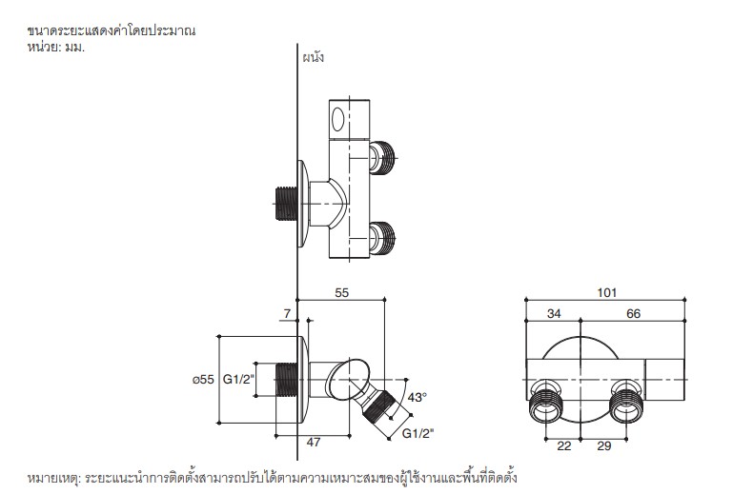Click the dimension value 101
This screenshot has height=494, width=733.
click(607, 293)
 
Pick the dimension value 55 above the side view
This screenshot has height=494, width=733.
click(340, 295)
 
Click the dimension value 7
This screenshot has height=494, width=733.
click(287, 313)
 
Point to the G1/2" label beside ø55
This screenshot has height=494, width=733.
click(238, 380)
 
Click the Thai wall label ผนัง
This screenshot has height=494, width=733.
click(313, 57)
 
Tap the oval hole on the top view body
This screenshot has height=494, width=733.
click(337, 120)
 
